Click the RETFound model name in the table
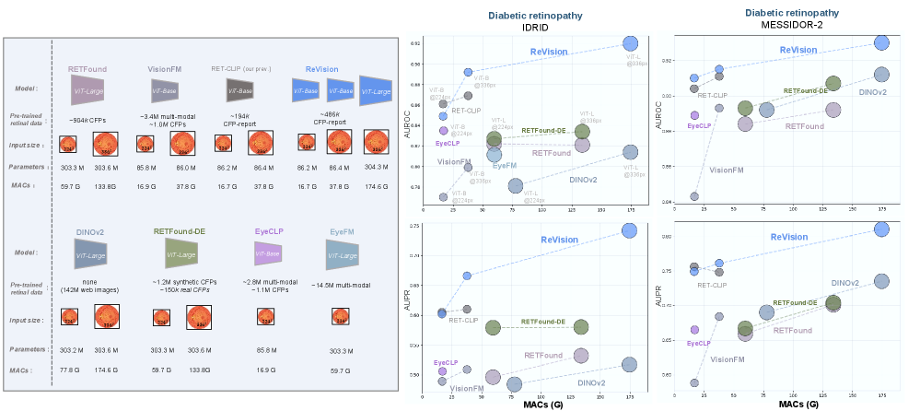point(88,69)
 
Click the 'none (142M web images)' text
point(88,286)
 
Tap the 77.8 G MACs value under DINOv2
point(67,370)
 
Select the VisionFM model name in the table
point(169,69)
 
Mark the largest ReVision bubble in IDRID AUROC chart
point(630,43)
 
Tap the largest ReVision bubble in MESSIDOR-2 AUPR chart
point(881,229)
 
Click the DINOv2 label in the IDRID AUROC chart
point(583,179)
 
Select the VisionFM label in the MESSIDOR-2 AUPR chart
point(728,358)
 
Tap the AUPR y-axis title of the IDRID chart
point(408,307)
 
